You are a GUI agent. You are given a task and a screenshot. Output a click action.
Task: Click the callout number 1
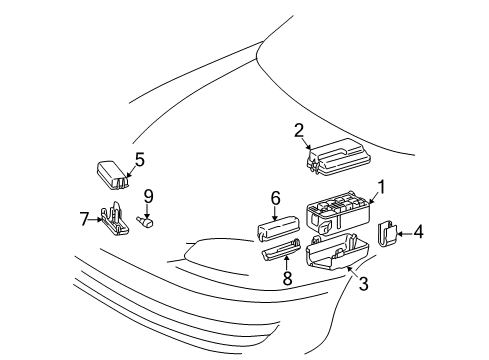(381, 187)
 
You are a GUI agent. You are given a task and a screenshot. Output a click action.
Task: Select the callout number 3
(363, 284)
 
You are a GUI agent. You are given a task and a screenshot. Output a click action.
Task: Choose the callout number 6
(275, 199)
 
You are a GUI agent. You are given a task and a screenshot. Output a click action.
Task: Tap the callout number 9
(148, 195)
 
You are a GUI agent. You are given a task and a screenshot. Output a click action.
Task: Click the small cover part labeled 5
(113, 174)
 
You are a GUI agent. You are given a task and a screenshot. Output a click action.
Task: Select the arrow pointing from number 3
(354, 273)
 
